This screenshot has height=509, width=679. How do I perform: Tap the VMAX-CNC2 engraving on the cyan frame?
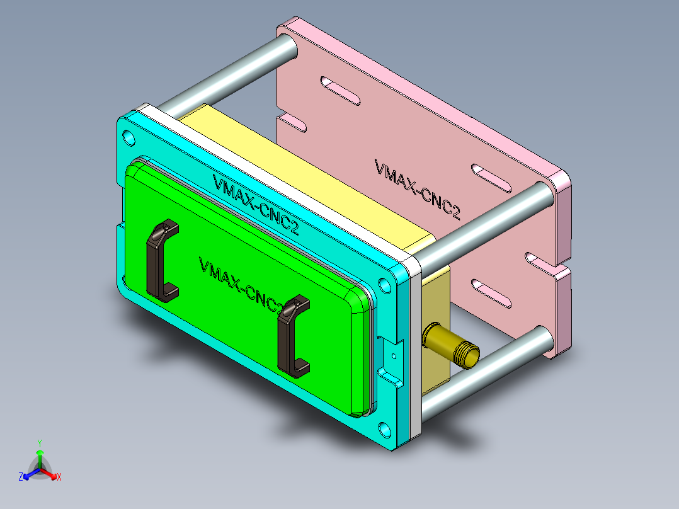pos(255,205)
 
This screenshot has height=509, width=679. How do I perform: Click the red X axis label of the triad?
pos(59,478)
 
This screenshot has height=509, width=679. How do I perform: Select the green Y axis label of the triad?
pos(39,443)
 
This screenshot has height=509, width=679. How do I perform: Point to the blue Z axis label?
pos(21,478)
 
